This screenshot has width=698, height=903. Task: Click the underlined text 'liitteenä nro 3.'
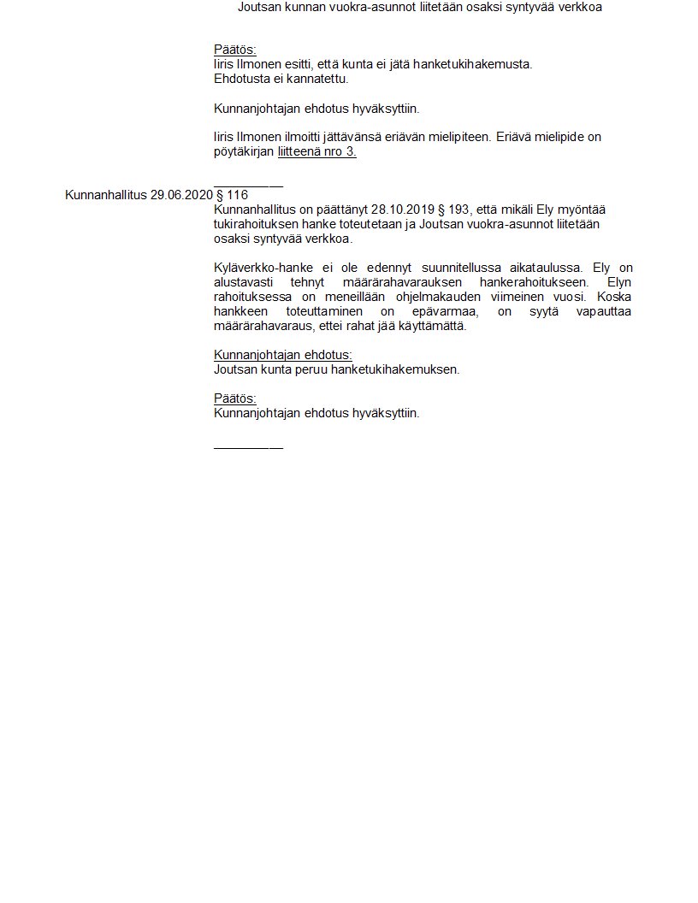(x=316, y=152)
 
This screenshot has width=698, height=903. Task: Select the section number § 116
(x=232, y=195)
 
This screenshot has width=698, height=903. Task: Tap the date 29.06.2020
(x=181, y=195)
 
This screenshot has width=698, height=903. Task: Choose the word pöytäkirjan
(x=244, y=152)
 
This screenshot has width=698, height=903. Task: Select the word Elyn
(x=619, y=282)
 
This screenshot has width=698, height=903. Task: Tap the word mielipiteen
(x=456, y=137)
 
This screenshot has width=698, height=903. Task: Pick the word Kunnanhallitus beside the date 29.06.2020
(x=105, y=195)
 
